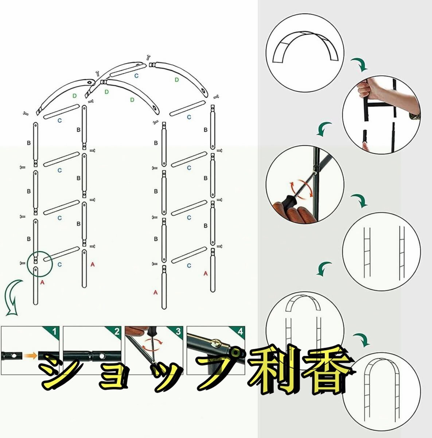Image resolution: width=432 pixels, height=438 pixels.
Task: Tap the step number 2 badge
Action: tap(116, 332)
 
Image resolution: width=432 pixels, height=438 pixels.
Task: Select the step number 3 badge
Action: tap(178, 332)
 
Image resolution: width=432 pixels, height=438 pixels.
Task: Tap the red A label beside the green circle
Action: tap(42, 283)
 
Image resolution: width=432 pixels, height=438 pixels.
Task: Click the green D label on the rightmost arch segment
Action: tap(177, 80)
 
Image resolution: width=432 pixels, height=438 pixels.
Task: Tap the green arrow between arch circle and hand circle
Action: tap(359, 65)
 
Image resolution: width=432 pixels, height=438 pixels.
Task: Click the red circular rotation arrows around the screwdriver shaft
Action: tap(301, 189)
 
